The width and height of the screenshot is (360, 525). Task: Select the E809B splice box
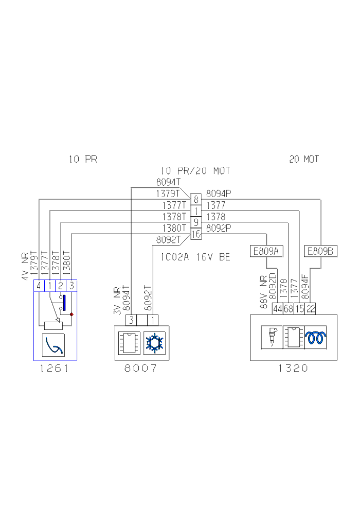tap(321, 251)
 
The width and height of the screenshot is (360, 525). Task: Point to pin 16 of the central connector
tap(196, 234)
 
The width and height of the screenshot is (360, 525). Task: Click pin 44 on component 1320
tap(277, 309)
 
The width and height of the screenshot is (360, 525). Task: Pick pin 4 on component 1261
tap(39, 285)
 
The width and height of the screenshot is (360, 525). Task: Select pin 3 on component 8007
tap(132, 320)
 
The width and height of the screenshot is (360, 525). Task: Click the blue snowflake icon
tap(153, 342)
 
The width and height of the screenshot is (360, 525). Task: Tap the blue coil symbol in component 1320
tap(316, 338)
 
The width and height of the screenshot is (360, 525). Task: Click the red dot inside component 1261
tap(71, 314)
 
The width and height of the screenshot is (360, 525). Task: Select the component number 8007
tap(139, 369)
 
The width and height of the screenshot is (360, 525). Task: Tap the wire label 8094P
tap(219, 194)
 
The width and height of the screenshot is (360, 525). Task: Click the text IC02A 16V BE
tap(196, 257)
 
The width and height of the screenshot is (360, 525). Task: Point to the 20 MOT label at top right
tap(304, 160)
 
